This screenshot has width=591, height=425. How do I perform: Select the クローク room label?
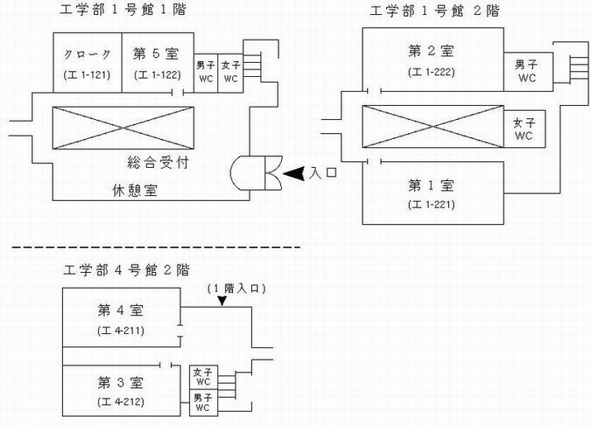[x=87, y=55]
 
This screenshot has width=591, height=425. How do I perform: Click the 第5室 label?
[x=156, y=55]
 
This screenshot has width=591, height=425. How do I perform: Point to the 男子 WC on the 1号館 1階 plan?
[x=206, y=72]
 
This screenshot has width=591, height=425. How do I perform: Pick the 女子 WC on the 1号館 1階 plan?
[x=231, y=72]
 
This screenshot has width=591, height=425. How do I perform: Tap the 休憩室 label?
[x=136, y=189]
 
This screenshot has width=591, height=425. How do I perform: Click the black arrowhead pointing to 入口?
[x=295, y=174]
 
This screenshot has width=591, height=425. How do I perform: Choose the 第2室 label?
[x=431, y=51]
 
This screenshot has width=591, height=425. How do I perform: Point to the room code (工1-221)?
[x=431, y=203]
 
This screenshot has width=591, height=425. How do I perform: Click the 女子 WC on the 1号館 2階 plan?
[x=525, y=128]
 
